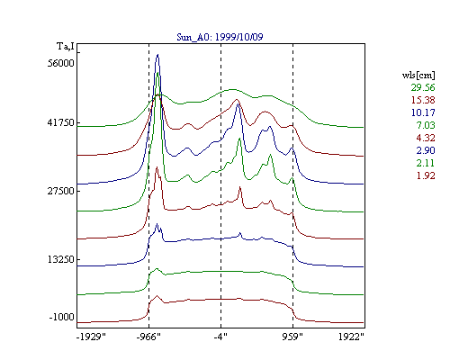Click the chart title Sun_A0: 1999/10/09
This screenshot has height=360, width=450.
(x=220, y=37)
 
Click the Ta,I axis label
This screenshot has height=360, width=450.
(x=66, y=46)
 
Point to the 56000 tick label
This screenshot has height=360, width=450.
(x=60, y=63)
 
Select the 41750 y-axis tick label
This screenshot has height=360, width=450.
(x=60, y=122)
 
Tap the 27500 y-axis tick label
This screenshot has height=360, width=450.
(x=60, y=191)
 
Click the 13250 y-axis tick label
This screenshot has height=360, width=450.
(x=60, y=259)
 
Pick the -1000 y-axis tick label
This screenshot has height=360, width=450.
(x=61, y=317)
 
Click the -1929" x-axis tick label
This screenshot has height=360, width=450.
(x=91, y=337)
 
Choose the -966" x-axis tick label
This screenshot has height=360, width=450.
(x=148, y=337)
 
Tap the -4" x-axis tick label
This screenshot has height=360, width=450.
(x=220, y=337)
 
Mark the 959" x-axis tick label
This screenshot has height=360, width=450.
(x=292, y=337)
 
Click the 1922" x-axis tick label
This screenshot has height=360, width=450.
(x=351, y=337)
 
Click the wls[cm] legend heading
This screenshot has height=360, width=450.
(x=418, y=75)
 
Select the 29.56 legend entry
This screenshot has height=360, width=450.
(x=423, y=87)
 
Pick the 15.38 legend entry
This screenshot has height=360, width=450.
(x=423, y=100)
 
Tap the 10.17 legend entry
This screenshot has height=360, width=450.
(x=423, y=112)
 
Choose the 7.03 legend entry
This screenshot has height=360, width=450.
(x=426, y=125)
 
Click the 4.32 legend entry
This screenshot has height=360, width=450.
(x=426, y=138)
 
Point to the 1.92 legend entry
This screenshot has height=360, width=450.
(x=426, y=175)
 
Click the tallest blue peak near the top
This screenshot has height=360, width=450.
(x=157, y=55)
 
